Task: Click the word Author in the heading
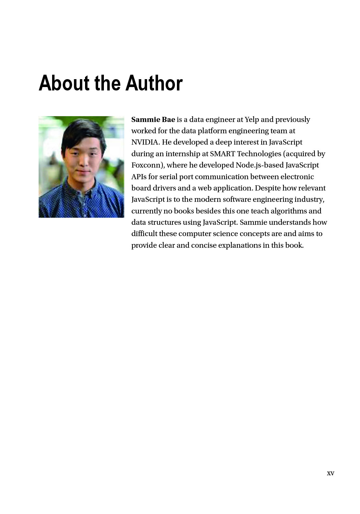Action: (x=154, y=83)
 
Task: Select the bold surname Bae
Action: (x=169, y=120)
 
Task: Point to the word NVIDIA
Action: (x=145, y=142)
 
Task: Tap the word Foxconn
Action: (x=147, y=165)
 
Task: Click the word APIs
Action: (x=139, y=177)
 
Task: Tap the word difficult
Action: (x=144, y=234)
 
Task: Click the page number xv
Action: (x=331, y=473)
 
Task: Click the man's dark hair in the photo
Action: (x=81, y=132)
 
